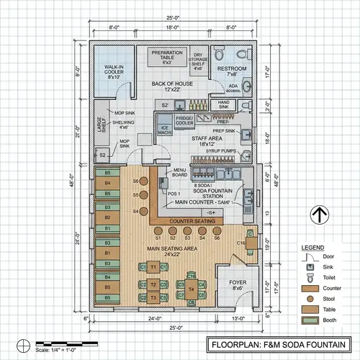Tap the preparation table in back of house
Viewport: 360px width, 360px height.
166,58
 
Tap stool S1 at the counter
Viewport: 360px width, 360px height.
159,237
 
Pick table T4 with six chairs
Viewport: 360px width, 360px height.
191,289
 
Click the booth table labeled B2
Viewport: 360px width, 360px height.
108,216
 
